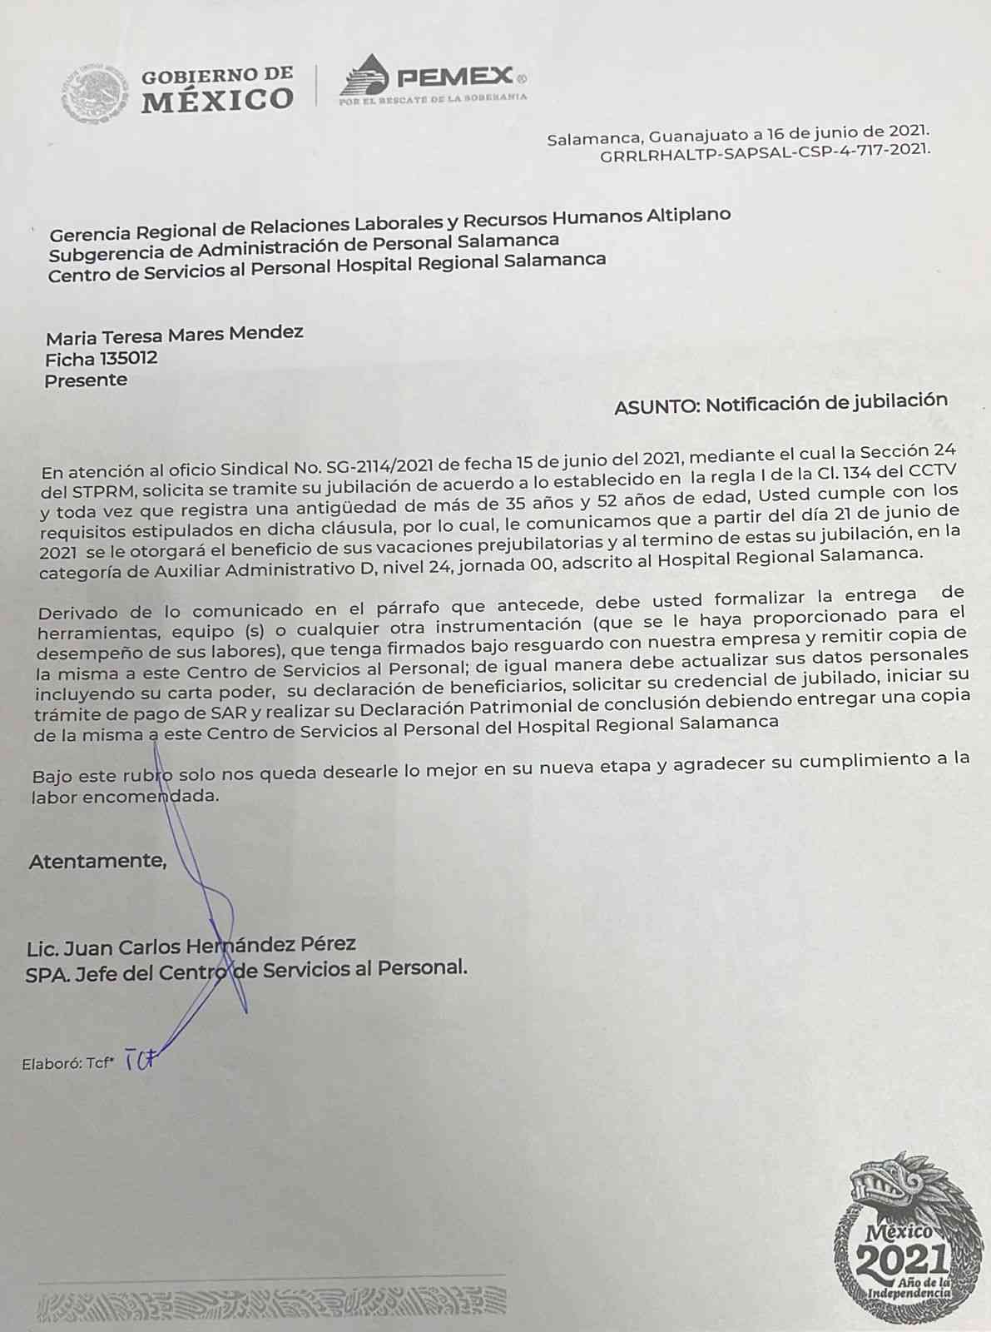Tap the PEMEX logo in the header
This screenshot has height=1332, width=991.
433,81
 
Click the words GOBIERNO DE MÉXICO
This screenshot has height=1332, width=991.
217,90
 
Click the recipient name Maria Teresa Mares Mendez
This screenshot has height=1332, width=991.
174,335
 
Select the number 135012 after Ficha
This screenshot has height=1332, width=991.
128,359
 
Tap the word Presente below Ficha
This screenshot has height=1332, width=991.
86,380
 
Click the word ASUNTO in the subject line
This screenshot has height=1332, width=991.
657,407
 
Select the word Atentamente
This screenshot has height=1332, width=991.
97,861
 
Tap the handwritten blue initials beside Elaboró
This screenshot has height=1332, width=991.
140,1061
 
